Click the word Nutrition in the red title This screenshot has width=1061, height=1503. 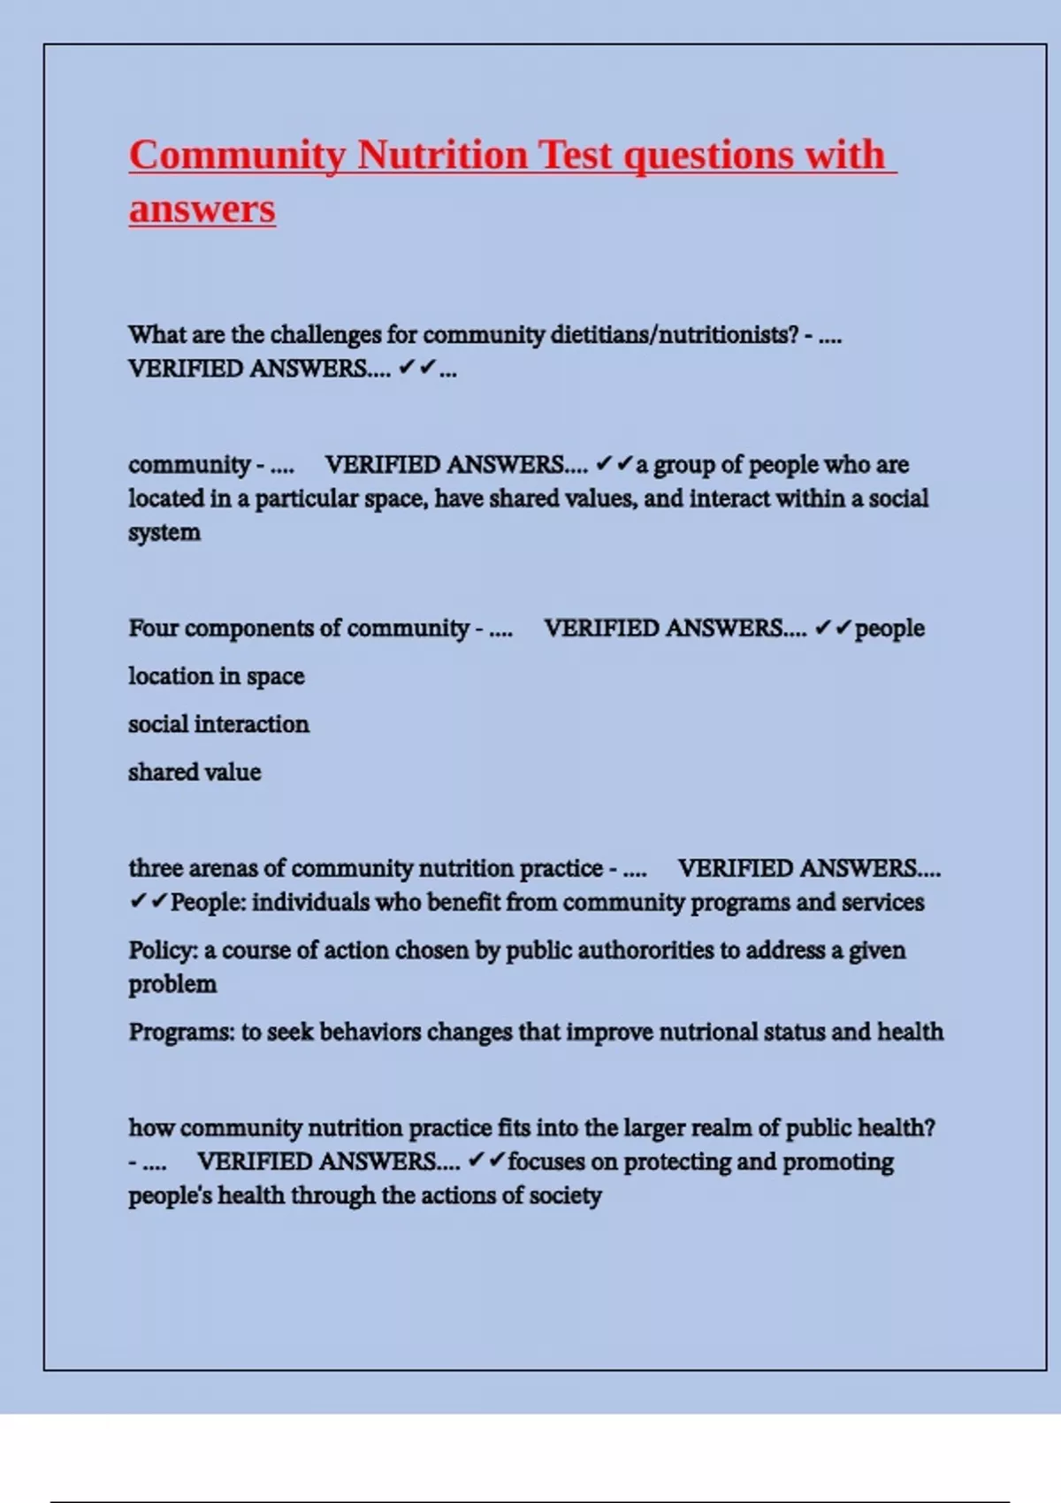pyautogui.click(x=442, y=155)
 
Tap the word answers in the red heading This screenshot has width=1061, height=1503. pyautogui.click(x=202, y=210)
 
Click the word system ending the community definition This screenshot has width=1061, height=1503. pyautogui.click(x=164, y=532)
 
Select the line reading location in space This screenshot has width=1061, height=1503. pyautogui.click(x=217, y=676)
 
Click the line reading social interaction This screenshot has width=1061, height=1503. pyautogui.click(x=218, y=724)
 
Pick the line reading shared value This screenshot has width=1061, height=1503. pyautogui.click(x=195, y=772)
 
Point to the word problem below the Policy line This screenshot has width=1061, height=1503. pyautogui.click(x=172, y=984)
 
